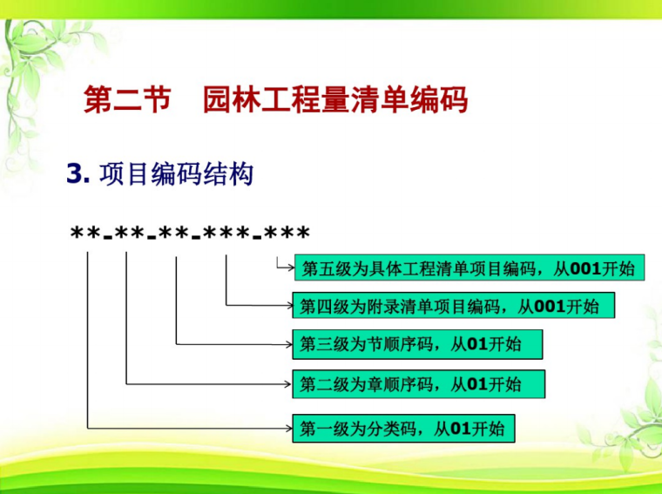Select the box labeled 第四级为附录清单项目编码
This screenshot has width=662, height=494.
[453, 306]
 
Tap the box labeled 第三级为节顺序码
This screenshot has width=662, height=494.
[417, 344]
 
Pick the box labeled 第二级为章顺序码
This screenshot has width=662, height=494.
[418, 384]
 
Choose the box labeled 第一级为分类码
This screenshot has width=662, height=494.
[403, 428]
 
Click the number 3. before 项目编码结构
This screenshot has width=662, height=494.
[78, 174]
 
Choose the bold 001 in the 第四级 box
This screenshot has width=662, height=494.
[550, 306]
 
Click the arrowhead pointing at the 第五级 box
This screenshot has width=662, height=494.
[291, 267]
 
